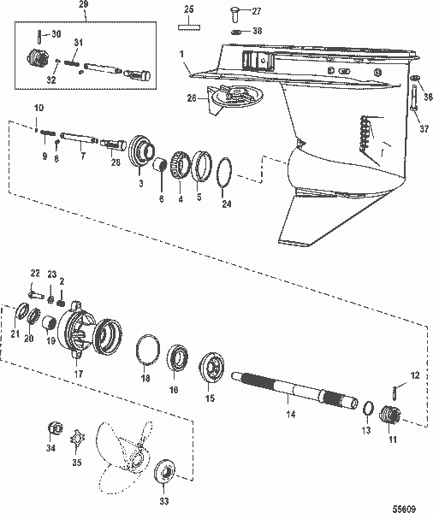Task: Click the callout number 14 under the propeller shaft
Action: (289, 414)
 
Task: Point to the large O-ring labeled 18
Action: (148, 351)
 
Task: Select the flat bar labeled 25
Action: (188, 26)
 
